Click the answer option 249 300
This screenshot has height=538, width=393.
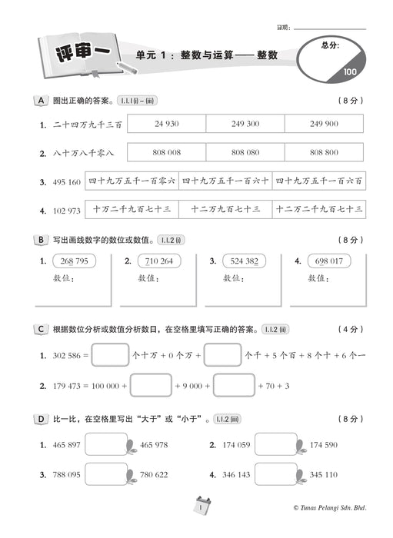coord(245,124)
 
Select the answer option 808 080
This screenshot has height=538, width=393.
coord(245,152)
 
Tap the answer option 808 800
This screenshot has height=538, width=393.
coord(324,152)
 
